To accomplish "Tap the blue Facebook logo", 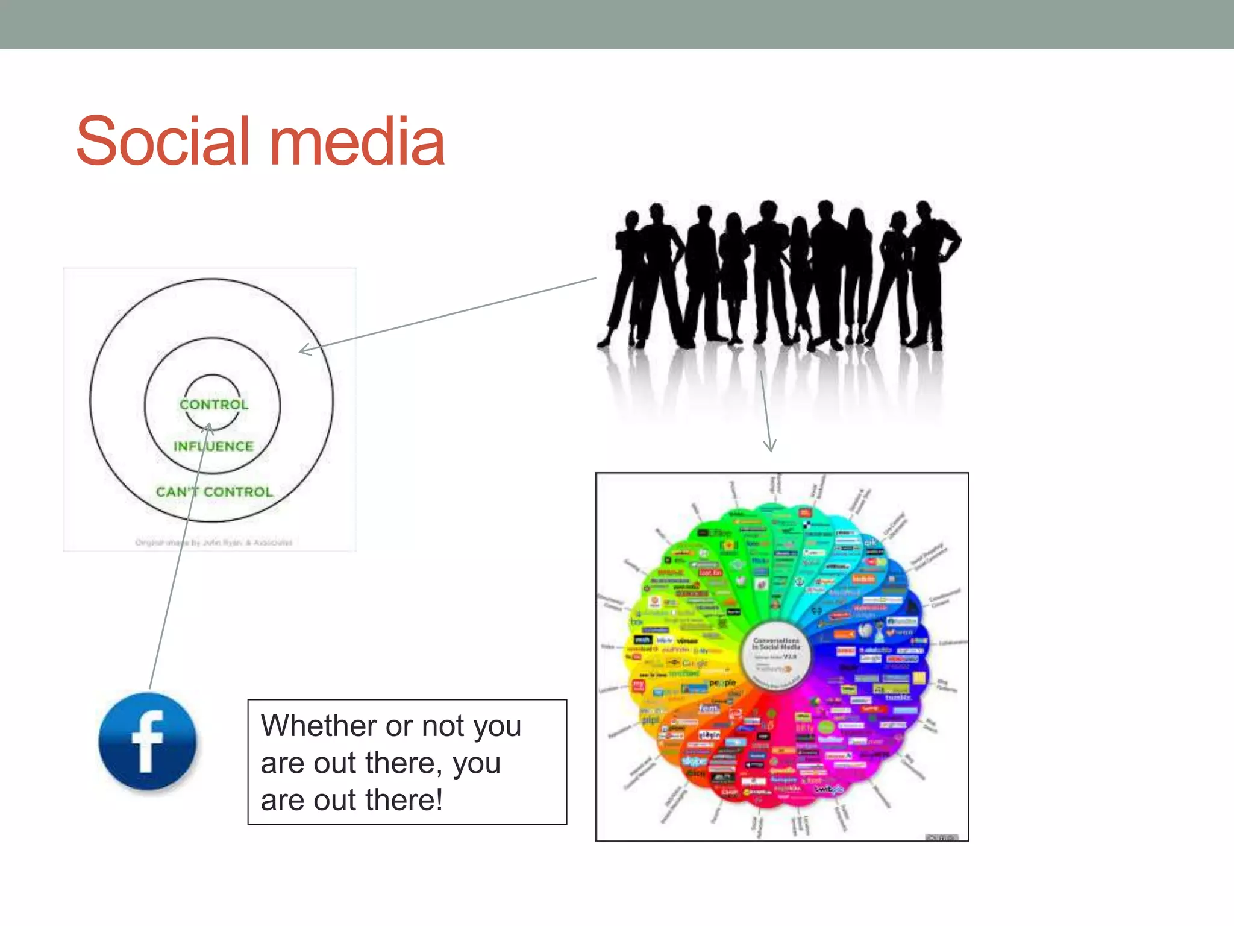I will tap(148, 742).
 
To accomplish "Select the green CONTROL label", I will tap(214, 405).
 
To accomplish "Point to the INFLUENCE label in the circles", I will tap(214, 446).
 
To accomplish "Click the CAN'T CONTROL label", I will tap(215, 492).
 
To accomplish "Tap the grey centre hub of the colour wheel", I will tap(776, 655).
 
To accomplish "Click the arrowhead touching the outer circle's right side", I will tap(304, 350).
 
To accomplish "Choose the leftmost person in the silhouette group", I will tap(622, 277).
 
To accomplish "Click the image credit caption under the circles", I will tap(213, 543).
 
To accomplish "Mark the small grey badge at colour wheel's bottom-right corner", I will tap(941, 837).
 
